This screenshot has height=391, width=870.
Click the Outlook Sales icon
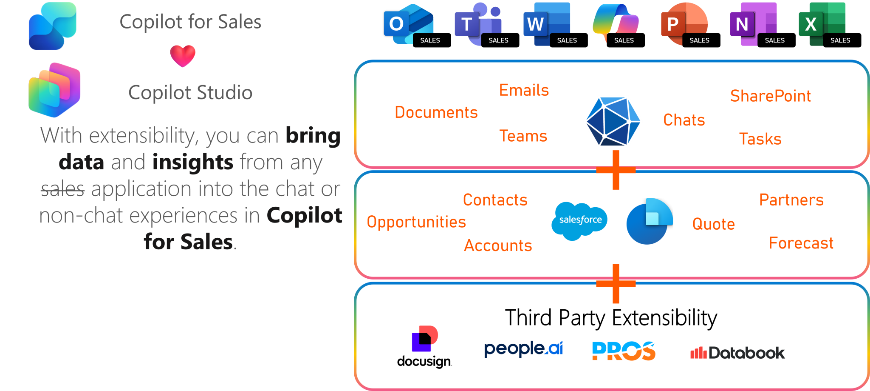(409, 24)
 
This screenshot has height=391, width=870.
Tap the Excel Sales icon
(822, 24)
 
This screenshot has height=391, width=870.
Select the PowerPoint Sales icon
(684, 24)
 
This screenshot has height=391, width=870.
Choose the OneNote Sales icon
(753, 24)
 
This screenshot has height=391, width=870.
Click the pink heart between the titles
(183, 56)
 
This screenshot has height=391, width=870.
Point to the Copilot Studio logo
(54, 90)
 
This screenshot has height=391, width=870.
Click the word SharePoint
(770, 96)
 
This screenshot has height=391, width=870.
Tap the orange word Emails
(524, 90)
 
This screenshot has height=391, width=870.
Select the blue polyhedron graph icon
(613, 122)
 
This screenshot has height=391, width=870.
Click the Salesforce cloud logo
(579, 220)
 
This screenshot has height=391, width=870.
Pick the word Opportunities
(416, 222)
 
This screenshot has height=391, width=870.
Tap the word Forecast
(801, 243)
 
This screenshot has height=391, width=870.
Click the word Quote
(713, 224)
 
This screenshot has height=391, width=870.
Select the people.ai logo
(523, 349)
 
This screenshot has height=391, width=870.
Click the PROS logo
(624, 351)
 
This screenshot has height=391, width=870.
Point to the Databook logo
(737, 353)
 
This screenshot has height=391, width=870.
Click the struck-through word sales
(63, 189)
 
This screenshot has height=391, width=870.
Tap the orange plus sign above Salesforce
(616, 170)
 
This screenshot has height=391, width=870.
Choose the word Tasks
(760, 139)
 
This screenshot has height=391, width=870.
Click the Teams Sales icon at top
(478, 24)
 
